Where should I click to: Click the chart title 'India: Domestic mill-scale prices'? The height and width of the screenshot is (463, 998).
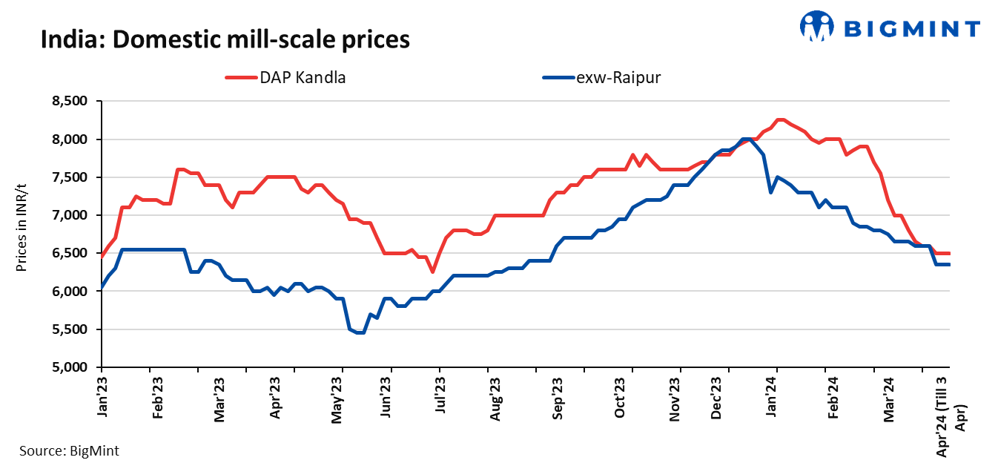point(225,39)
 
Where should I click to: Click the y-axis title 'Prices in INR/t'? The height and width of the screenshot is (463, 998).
point(23,234)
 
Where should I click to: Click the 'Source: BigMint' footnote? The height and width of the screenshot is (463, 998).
point(68,450)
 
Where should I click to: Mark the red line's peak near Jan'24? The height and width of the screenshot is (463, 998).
point(779,119)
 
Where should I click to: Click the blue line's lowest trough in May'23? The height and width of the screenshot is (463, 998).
point(360,332)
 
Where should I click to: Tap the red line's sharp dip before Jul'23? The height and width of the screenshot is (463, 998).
point(432,272)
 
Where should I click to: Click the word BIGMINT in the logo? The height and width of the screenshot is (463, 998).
point(913,28)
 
